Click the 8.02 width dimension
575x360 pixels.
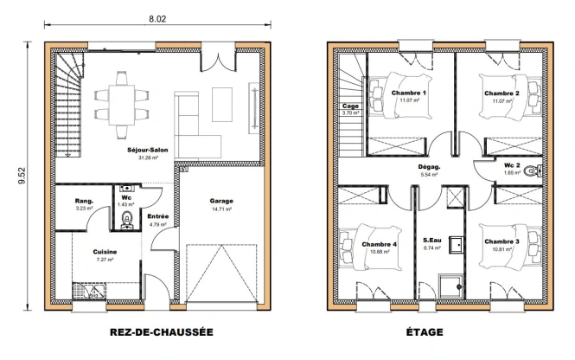tap(157, 19)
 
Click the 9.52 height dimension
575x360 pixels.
tap(22, 176)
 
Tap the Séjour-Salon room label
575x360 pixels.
tap(148, 150)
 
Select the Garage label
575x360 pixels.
tap(221, 201)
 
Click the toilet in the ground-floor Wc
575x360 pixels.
tap(127, 220)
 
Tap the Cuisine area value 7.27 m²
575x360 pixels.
tap(105, 260)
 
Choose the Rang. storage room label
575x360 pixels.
tap(85, 201)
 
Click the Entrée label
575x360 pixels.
tap(158, 216)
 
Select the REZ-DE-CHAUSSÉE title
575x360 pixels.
tap(162, 332)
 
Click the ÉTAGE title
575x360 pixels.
tap(425, 332)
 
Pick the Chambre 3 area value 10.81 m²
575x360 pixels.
tap(502, 249)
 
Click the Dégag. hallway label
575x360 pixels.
tap(430, 167)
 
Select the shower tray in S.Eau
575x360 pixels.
tap(450, 285)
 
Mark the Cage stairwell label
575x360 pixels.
tap(350, 106)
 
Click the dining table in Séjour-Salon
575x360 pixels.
tap(122, 106)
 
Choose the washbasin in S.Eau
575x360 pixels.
tap(457, 245)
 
